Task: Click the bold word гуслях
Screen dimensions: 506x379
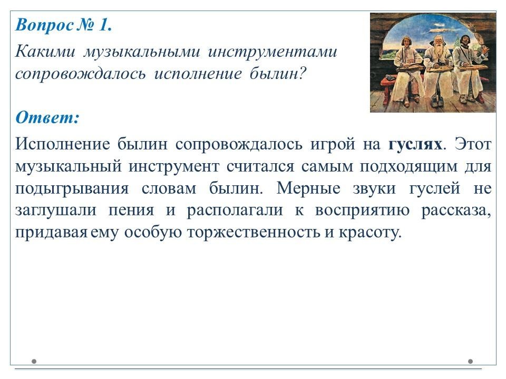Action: (415, 144)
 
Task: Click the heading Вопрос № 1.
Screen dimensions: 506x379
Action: (64, 25)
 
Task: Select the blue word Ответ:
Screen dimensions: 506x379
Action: (47, 117)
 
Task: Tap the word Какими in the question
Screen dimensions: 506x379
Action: (45, 52)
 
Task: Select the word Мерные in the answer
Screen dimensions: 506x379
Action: (308, 188)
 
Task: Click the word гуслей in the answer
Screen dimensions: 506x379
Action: (434, 188)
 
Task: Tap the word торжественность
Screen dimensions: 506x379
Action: (254, 232)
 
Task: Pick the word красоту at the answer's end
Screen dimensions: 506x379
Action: (370, 232)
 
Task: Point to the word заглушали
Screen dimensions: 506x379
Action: (55, 211)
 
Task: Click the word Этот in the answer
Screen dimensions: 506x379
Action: (473, 144)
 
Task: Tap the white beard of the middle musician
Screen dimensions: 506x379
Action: (437, 54)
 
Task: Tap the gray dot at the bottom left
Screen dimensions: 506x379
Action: (34, 361)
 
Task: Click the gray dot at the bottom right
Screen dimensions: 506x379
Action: (471, 361)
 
